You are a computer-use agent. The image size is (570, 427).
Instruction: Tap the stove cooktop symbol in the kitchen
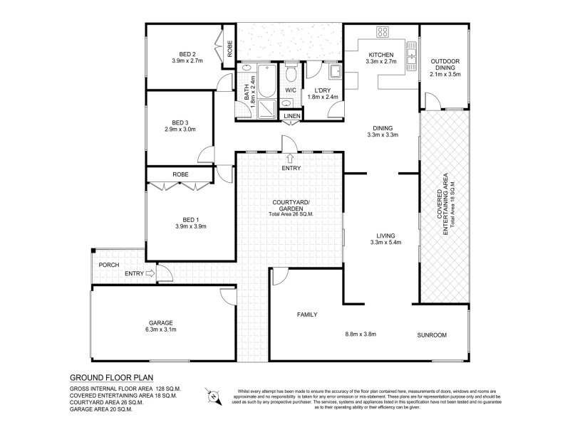click(x=383, y=32)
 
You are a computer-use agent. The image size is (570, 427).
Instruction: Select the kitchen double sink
click(x=411, y=53)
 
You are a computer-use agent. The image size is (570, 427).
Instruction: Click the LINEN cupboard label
click(x=291, y=115)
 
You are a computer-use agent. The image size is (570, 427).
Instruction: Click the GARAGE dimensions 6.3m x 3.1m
click(x=162, y=330)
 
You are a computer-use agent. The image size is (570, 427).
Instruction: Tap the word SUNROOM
click(x=432, y=334)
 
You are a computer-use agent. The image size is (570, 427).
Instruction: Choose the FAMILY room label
click(x=307, y=314)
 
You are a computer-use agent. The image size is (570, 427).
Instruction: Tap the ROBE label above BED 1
click(x=180, y=174)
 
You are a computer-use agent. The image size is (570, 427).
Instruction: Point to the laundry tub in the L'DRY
click(x=333, y=73)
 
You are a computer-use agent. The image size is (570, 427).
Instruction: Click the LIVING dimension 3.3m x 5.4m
click(x=386, y=242)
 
